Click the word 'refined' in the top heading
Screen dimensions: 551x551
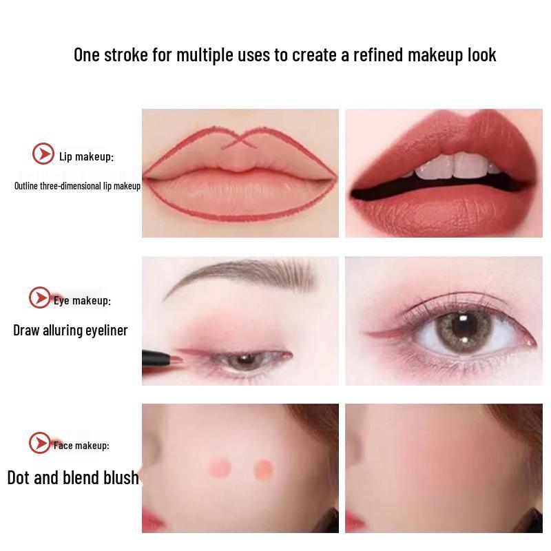378,55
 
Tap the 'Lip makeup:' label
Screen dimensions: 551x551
86,157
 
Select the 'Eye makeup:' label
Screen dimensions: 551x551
82,300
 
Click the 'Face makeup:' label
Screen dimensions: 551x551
81,446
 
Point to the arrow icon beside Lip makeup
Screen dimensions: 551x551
43,154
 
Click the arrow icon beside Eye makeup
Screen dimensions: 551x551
40,298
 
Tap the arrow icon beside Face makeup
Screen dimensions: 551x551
40,444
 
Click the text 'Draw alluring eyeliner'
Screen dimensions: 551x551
70,331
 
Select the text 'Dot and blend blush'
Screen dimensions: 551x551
73,478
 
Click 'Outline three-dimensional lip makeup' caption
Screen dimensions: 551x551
77,186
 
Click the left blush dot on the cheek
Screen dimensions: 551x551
221,468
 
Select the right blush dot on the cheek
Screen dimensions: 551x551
262,469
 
